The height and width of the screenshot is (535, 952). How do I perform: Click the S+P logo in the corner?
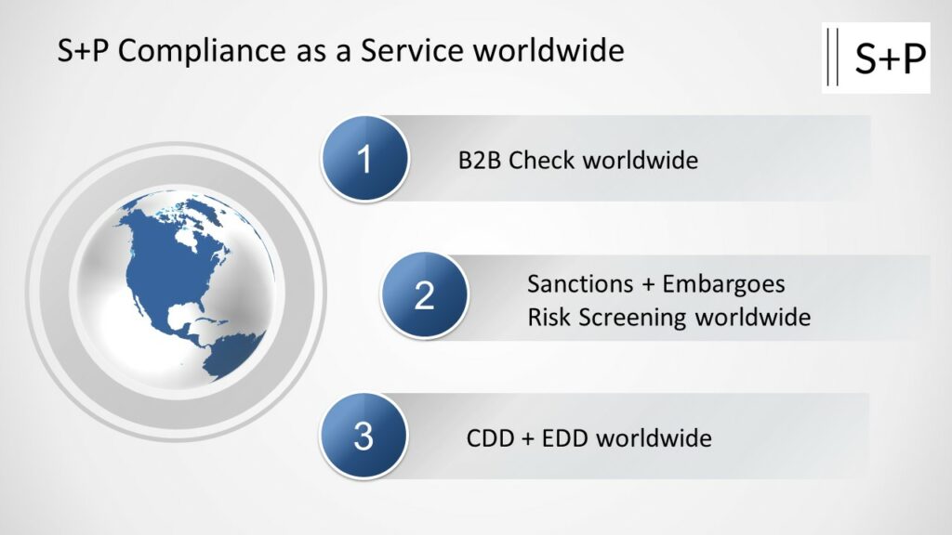tap(876, 58)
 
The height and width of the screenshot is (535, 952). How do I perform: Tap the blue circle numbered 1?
tap(364, 158)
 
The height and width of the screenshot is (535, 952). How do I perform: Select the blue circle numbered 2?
tap(424, 295)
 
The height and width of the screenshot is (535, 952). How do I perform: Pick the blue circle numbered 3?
tap(364, 436)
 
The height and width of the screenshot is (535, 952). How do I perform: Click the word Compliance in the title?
tap(202, 50)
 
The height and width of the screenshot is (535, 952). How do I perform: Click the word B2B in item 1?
tap(480, 160)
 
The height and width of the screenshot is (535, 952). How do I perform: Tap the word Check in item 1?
tap(542, 160)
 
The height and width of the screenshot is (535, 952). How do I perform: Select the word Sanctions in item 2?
tap(580, 284)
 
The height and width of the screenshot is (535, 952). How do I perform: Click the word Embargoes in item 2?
tap(723, 284)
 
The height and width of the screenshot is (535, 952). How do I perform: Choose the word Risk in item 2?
tap(549, 318)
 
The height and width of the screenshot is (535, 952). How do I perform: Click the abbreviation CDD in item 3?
tap(490, 438)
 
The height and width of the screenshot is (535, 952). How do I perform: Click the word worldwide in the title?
tap(549, 50)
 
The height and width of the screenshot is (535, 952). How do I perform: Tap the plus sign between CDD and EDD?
tap(528, 438)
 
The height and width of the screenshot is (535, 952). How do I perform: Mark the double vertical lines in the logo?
tap(833, 57)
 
